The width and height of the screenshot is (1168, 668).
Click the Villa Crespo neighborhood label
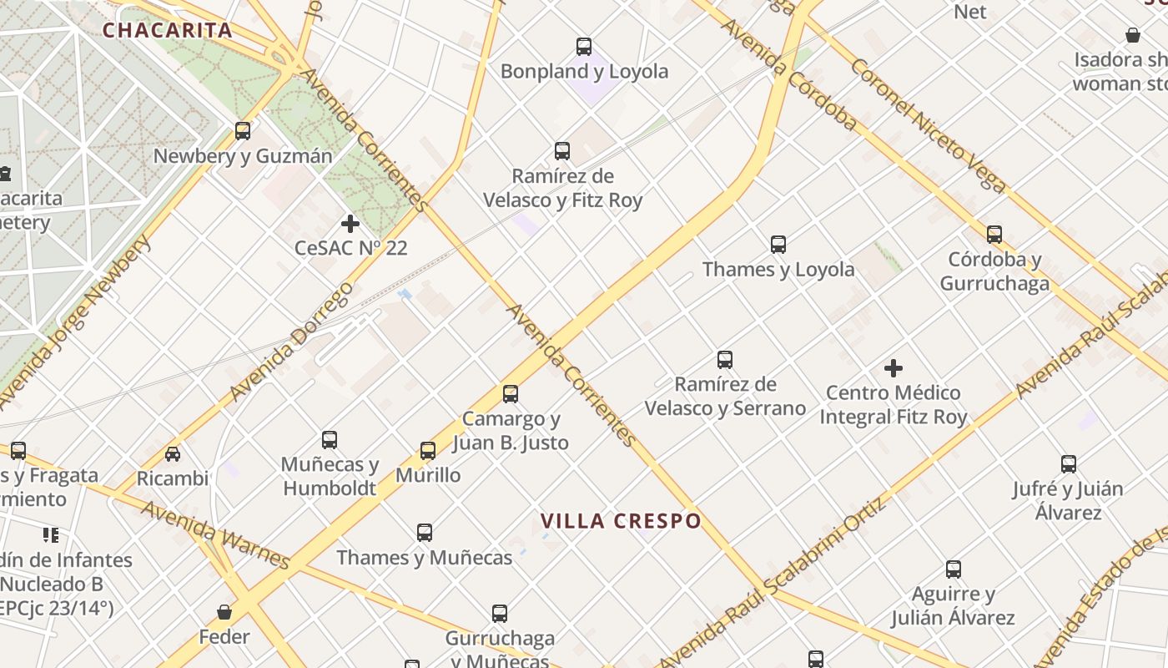pyautogui.click(x=621, y=521)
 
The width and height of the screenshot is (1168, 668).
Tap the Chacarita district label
pyautogui.click(x=167, y=31)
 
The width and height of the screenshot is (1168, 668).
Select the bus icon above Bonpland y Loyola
pyautogui.click(x=584, y=47)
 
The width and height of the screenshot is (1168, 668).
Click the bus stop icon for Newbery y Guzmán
pyautogui.click(x=243, y=131)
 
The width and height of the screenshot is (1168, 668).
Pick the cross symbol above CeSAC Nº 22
pyautogui.click(x=350, y=224)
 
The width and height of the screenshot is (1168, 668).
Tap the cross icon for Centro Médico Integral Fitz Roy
pyautogui.click(x=894, y=368)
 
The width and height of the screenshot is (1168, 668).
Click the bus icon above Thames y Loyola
pyautogui.click(x=778, y=245)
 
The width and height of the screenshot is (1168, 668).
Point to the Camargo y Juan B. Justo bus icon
pyautogui.click(x=511, y=394)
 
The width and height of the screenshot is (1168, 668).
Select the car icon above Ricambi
pyautogui.click(x=173, y=454)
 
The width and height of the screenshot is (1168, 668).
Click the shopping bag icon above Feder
pyautogui.click(x=224, y=612)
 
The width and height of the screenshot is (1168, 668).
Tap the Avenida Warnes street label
pyautogui.click(x=215, y=534)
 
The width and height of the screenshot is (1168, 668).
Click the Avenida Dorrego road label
pyautogui.click(x=291, y=342)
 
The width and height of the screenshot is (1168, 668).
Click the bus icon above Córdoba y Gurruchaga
pyautogui.click(x=994, y=235)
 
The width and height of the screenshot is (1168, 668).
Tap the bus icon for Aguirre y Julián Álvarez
pyautogui.click(x=954, y=569)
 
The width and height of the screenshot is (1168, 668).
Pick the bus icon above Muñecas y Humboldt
pyautogui.click(x=330, y=440)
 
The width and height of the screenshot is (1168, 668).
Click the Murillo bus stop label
pyautogui.click(x=428, y=475)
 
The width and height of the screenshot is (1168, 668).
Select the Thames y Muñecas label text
pyautogui.click(x=424, y=558)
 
